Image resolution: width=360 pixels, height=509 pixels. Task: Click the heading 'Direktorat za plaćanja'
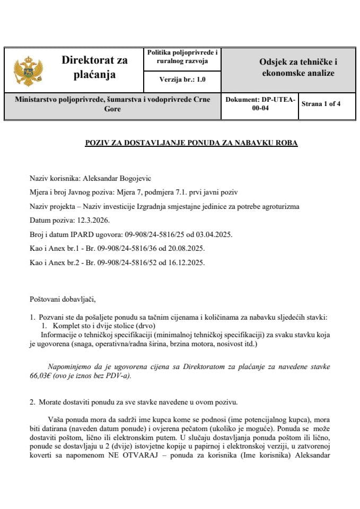tap(94, 67)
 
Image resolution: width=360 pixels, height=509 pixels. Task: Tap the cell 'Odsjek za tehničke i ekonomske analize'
tap(298, 67)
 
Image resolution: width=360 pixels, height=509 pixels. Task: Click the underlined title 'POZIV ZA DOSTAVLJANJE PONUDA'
tap(191, 143)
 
